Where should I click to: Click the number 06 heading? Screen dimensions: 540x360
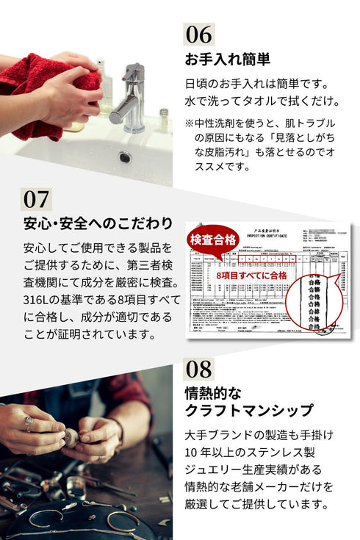(x=198, y=34)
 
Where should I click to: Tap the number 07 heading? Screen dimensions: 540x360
(x=37, y=199)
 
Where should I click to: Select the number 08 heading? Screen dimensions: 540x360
(x=198, y=368)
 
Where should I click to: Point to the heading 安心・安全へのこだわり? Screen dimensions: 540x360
(x=98, y=223)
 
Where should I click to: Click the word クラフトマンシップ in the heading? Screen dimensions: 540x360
(x=248, y=410)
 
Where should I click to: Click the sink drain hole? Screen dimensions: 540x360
(x=125, y=156)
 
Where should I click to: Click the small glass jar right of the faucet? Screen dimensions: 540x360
(x=164, y=120)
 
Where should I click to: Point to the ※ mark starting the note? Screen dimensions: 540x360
(x=189, y=122)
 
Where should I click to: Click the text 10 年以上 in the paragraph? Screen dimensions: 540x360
(x=213, y=451)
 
